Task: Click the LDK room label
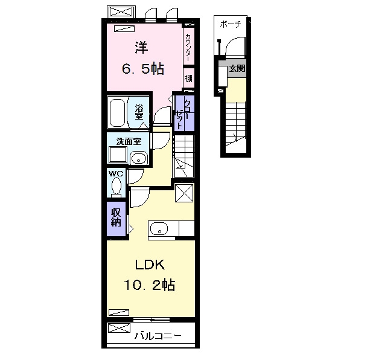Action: (150, 265)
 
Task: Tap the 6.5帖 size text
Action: (143, 69)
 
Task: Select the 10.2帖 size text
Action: (149, 285)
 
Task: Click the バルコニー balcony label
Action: (158, 336)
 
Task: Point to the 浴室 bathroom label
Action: (139, 112)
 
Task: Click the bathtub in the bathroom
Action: (116, 113)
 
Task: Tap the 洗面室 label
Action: (129, 141)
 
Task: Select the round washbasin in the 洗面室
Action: (139, 158)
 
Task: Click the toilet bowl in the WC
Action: (116, 185)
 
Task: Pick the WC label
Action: (116, 174)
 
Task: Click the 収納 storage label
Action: (116, 218)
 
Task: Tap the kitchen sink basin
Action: (159, 229)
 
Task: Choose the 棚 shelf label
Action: (188, 78)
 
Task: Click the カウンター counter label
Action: (188, 48)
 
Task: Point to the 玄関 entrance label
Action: (237, 69)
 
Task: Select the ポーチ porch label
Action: (231, 24)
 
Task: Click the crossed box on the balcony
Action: (119, 328)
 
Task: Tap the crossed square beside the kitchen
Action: (184, 193)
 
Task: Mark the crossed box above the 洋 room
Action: (121, 11)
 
